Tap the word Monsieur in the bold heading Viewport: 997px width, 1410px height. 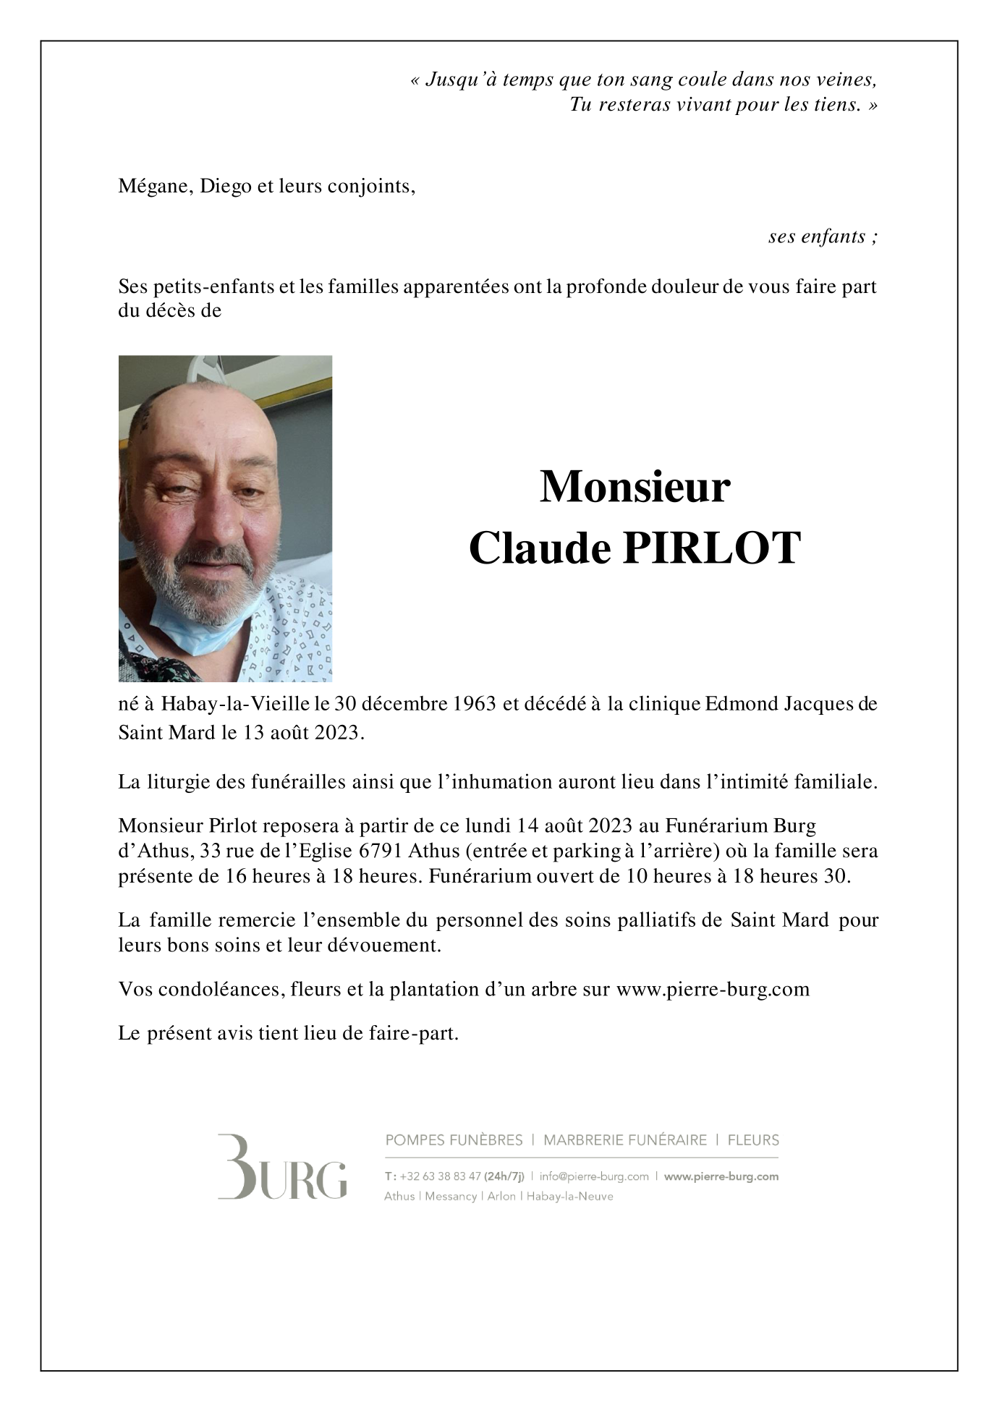tap(635, 487)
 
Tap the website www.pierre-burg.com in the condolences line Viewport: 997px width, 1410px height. tap(713, 989)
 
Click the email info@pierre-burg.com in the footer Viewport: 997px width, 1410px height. tap(594, 1176)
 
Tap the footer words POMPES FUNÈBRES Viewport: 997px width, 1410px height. tap(454, 1140)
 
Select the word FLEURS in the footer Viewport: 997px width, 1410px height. tap(753, 1140)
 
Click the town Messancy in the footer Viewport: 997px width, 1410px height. tap(451, 1197)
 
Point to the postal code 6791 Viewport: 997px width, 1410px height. tap(379, 851)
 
